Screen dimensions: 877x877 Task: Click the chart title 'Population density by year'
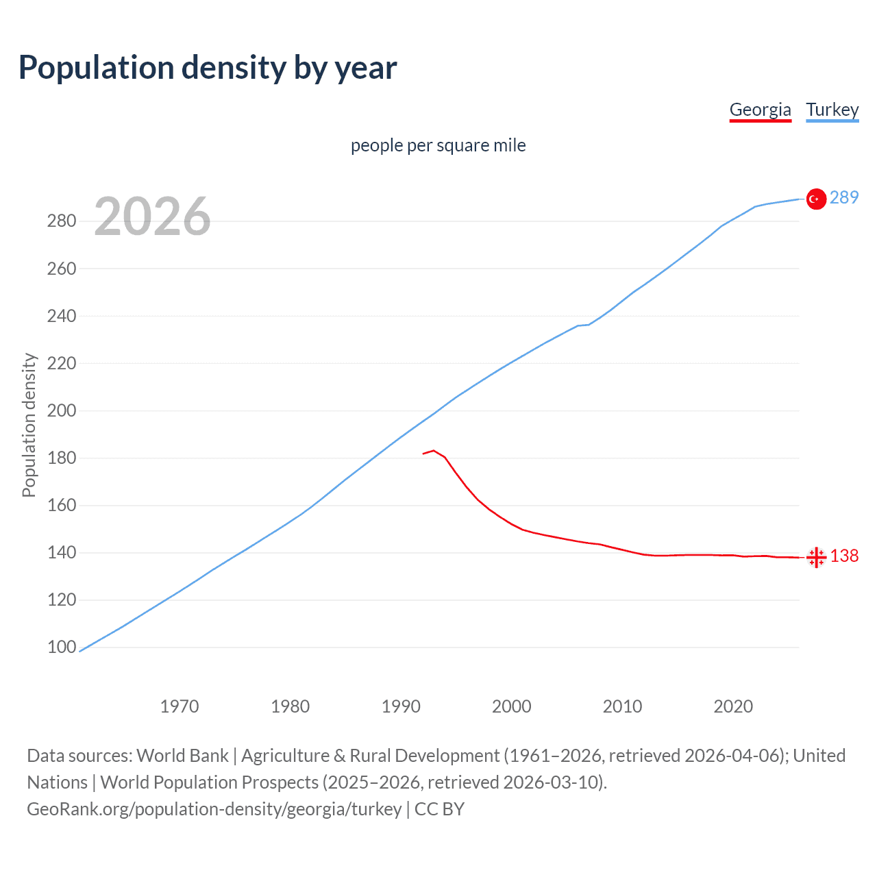click(208, 68)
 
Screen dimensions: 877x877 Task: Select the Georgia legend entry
click(760, 110)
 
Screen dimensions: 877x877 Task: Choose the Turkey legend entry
click(832, 110)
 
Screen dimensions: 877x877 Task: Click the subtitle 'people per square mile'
click(438, 145)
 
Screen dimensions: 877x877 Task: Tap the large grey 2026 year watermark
click(152, 217)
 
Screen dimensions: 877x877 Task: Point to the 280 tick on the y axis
click(62, 221)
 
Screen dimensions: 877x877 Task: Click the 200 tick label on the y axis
click(62, 411)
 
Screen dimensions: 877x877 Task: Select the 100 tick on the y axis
click(62, 647)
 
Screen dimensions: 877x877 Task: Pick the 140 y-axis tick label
click(62, 553)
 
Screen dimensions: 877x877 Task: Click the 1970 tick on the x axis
click(180, 706)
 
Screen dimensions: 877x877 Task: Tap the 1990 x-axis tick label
click(401, 706)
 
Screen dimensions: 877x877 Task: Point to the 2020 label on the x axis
click(733, 706)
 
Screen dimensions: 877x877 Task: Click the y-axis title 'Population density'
click(29, 425)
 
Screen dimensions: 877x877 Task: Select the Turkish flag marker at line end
click(815, 199)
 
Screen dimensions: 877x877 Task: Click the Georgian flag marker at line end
click(815, 557)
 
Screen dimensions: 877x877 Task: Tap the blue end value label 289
click(844, 198)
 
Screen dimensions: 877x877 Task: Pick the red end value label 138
click(844, 556)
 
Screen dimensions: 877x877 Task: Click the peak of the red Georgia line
click(433, 451)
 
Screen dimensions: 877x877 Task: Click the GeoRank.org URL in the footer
click(214, 809)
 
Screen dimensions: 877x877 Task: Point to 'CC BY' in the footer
click(439, 809)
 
